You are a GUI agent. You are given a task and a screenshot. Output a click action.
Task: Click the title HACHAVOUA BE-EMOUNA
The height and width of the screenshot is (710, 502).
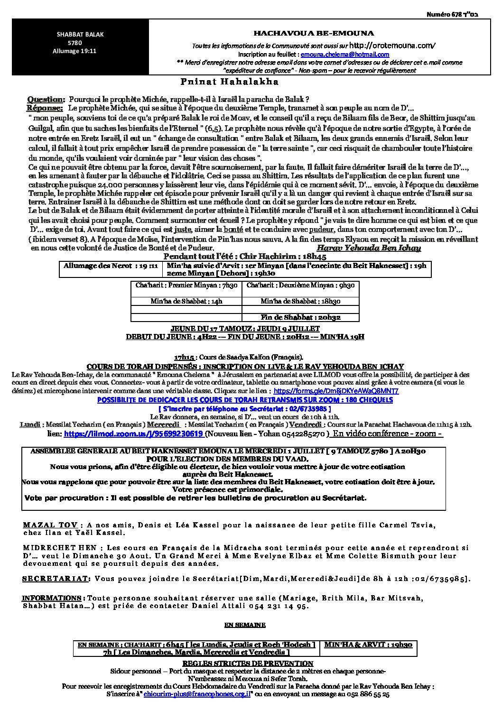(x=314, y=33)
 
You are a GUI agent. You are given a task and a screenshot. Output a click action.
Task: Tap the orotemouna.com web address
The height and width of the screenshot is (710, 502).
(x=392, y=46)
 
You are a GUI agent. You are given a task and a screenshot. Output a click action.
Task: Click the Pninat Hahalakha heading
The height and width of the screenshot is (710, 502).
(x=230, y=82)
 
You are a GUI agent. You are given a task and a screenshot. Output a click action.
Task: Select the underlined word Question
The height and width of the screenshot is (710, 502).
(x=46, y=100)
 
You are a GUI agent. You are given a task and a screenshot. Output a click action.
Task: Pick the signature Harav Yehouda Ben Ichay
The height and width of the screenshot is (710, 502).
(x=368, y=248)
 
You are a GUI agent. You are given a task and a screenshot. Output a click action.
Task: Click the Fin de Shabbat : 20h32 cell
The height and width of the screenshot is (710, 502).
(x=301, y=317)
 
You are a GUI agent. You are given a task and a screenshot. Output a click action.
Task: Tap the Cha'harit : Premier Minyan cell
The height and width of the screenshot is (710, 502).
(x=186, y=285)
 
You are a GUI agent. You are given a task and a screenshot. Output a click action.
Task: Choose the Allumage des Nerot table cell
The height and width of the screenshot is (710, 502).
(x=111, y=266)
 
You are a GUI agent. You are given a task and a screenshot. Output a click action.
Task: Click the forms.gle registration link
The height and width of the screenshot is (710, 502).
(x=336, y=391)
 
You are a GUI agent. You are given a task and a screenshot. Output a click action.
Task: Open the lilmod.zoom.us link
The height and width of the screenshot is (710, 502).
(x=133, y=433)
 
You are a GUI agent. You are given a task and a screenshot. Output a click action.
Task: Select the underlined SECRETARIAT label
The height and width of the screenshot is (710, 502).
(x=56, y=579)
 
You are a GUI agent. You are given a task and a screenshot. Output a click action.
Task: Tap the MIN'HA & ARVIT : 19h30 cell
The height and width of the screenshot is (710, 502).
(x=368, y=645)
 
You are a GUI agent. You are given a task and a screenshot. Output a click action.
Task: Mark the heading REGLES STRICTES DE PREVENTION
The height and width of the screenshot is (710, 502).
(x=248, y=663)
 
